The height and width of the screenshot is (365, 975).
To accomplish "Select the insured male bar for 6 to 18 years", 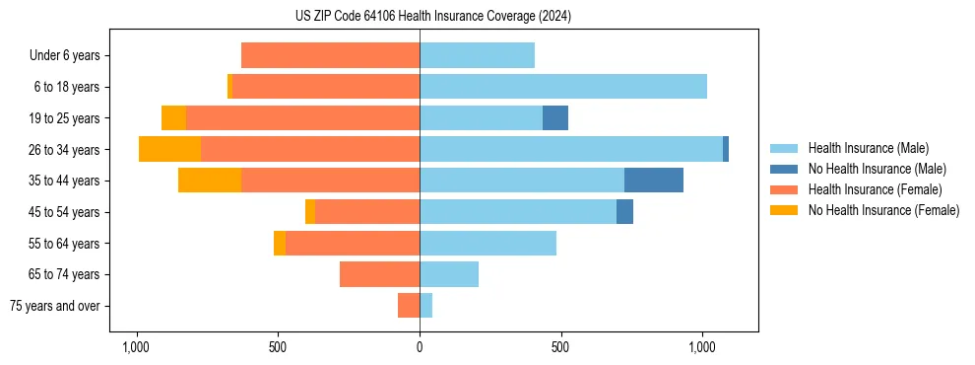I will (563, 87).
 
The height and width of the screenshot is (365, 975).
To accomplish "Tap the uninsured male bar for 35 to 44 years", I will (654, 181).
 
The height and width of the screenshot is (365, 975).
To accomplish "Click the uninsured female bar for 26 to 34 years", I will (170, 149).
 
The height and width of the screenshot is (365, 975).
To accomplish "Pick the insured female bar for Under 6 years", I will (330, 55).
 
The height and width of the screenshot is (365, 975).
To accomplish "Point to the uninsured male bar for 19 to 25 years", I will (555, 118).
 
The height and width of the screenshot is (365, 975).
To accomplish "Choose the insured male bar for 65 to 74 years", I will (449, 274).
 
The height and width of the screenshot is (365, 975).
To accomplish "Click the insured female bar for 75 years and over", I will (409, 306).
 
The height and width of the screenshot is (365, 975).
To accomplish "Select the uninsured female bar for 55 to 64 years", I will (280, 243).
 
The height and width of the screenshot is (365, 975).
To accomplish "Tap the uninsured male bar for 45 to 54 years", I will (625, 212).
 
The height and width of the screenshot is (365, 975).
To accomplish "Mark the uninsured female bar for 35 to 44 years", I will (210, 181).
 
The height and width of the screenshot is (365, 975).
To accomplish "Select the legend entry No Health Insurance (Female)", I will (883, 210).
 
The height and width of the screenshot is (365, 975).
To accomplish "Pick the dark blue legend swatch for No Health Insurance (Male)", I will (785, 169).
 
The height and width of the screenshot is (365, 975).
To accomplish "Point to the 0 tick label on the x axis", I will (420, 348).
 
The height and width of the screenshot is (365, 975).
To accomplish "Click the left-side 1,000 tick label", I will (136, 348).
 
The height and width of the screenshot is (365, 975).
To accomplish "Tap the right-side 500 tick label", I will (560, 348).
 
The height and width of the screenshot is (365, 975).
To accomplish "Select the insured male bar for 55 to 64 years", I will (487, 243).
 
